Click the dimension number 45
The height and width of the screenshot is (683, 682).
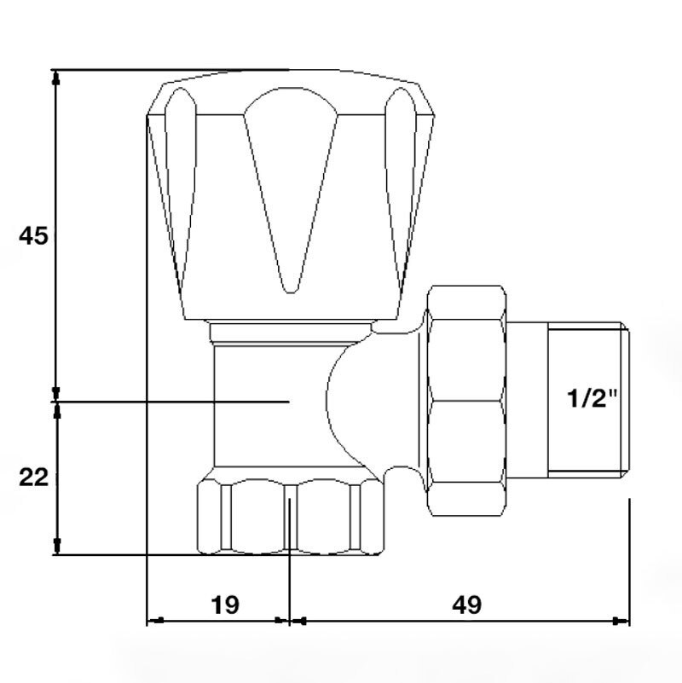tap(33, 236)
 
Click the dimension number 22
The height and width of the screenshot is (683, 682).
tap(33, 478)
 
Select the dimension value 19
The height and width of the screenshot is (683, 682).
tap(225, 605)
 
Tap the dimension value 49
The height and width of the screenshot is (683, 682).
tap(467, 605)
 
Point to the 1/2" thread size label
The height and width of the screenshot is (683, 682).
tap(592, 398)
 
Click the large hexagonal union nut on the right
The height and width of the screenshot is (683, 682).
tap(466, 401)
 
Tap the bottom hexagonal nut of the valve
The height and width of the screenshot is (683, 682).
tap(291, 517)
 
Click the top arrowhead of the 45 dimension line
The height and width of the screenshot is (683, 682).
tap(55, 78)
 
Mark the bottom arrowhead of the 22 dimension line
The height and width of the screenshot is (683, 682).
tap(56, 547)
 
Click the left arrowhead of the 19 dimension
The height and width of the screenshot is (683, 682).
tap(155, 620)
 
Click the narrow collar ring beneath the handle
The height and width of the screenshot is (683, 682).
tap(291, 333)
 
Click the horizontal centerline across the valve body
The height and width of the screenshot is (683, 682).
tap(173, 401)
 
